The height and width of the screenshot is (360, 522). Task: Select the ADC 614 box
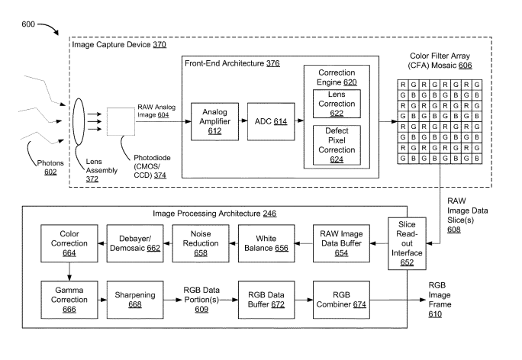point(269,121)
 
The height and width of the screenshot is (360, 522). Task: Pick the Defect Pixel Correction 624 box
point(336,145)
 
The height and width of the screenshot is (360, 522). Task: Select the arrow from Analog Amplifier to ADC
point(242,121)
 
